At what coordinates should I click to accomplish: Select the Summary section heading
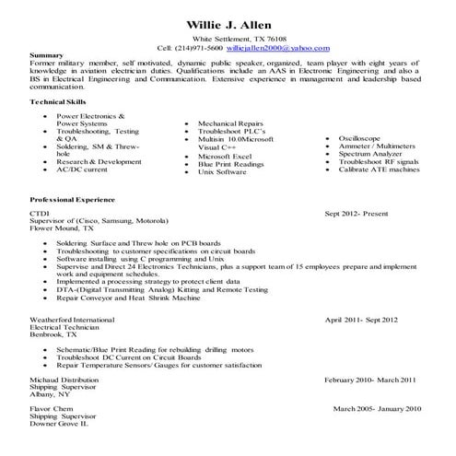click(46, 55)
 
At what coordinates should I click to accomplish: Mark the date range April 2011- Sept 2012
click(362, 319)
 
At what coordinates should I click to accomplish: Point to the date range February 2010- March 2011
click(370, 380)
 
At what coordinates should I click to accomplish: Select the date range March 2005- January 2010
click(377, 408)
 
